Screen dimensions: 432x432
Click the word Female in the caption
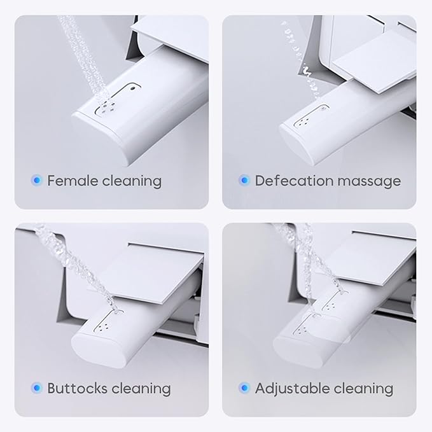point(73,181)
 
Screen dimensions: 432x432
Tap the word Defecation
point(294,181)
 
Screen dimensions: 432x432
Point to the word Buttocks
point(77,388)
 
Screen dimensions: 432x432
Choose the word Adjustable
point(292,389)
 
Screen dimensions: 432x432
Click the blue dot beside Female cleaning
point(37,181)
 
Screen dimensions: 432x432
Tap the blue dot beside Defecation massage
point(244,181)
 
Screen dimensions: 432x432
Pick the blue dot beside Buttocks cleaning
point(37,388)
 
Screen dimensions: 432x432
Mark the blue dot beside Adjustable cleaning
point(244,388)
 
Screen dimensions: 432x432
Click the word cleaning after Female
point(132,182)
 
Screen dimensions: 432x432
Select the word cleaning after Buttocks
point(141,389)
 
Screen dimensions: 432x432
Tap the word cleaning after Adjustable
point(363,389)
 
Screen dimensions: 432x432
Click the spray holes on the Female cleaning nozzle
point(108,107)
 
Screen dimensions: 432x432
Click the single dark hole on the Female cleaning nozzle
point(133,88)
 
